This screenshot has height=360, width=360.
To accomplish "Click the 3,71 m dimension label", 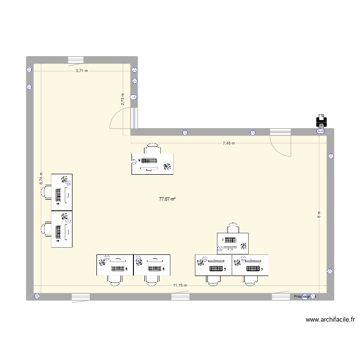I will point(82,71).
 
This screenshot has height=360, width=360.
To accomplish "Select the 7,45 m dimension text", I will point(228,143).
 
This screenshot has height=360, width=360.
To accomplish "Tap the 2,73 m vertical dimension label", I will point(123,99).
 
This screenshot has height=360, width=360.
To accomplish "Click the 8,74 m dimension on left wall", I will point(41,179).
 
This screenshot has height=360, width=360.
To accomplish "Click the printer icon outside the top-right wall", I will point(321,121).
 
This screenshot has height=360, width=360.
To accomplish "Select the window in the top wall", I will point(76,60).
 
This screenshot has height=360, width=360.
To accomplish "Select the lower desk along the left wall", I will point(62,229).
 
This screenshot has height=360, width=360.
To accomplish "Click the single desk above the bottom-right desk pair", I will point(233,242).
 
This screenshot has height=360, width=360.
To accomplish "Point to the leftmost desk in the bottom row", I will point(115,265).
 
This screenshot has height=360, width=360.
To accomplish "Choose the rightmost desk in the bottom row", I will point(250,265).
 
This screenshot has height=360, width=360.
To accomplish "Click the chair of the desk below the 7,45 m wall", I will point(153,148).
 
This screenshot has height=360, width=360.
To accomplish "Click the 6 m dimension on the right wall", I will point(319,215).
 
